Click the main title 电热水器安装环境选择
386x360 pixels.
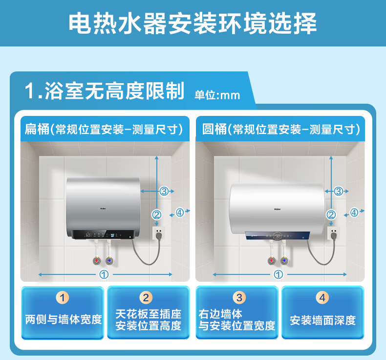[193, 23]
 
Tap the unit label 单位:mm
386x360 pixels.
[217, 95]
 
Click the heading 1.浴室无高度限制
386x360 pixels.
[105, 90]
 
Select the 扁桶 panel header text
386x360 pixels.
[104, 129]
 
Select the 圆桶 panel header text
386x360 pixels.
[281, 129]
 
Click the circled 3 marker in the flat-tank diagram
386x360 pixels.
[164, 191]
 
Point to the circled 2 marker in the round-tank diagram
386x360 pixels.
[331, 215]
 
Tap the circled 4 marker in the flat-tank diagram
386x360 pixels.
[180, 212]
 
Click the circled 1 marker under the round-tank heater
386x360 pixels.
[279, 274]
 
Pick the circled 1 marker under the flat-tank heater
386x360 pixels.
[104, 274]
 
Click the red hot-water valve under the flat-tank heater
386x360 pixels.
[97, 260]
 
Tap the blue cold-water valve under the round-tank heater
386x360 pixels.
[284, 260]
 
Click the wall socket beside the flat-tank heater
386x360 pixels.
[159, 233]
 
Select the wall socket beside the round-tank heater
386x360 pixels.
[334, 233]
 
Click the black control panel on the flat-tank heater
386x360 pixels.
[104, 234]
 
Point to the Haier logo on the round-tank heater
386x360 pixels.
[278, 209]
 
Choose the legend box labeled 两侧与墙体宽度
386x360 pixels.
[63, 313]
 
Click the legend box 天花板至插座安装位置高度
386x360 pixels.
[149, 313]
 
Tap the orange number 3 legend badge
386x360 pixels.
[239, 298]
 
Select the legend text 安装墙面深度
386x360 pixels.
[323, 320]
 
